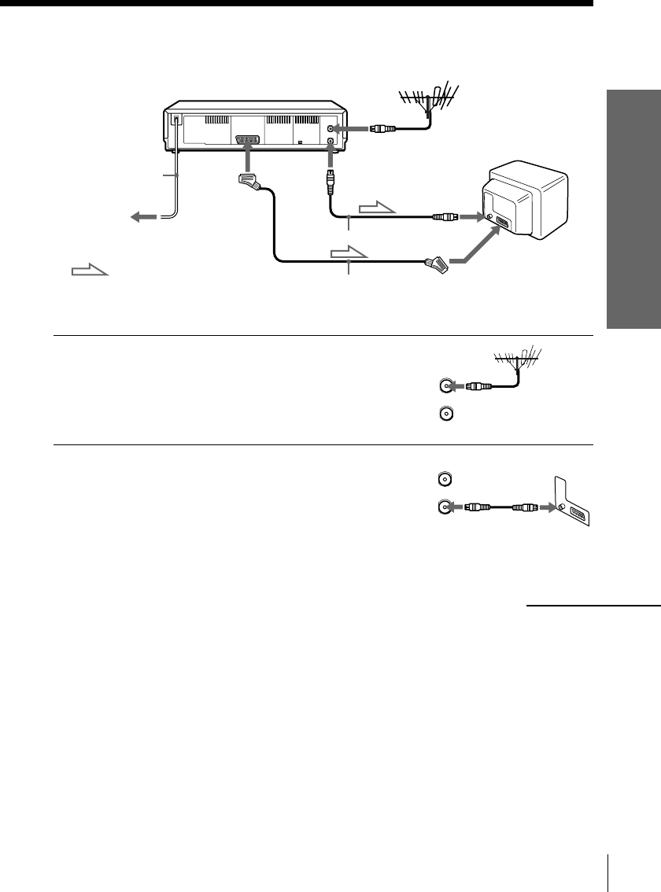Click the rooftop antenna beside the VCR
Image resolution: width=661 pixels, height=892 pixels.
point(427,100)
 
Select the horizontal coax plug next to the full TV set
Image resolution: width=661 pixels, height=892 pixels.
point(445,216)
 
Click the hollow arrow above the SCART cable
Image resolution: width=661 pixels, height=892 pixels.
point(348,254)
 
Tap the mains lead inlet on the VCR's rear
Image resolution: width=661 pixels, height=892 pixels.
point(177,121)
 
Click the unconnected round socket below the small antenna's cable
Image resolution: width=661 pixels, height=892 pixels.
point(446,411)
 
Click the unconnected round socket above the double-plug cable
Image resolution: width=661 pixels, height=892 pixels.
point(446,478)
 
